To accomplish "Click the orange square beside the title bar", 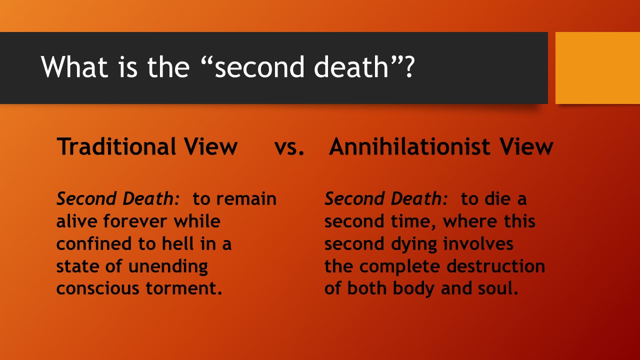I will (597, 68).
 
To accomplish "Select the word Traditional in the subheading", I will (115, 146).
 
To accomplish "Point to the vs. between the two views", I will (289, 147).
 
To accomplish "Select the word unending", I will (168, 266).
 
